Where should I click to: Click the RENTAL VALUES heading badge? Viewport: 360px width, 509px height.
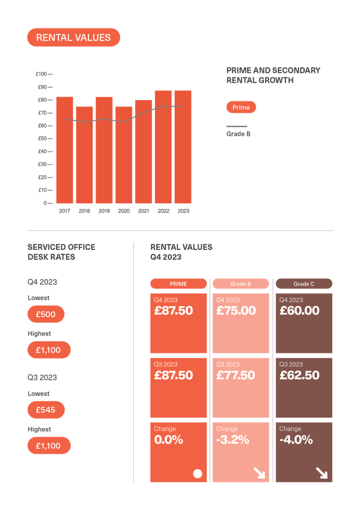[x=73, y=38]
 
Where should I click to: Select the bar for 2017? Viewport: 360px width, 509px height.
[x=65, y=150]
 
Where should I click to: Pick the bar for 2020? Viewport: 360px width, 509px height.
[x=124, y=154]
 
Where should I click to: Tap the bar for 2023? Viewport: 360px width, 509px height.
[x=183, y=147]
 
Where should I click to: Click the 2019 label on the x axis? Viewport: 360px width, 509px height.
[x=104, y=211]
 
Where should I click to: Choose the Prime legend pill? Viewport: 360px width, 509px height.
[x=241, y=107]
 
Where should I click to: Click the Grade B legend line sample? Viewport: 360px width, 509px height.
[x=237, y=126]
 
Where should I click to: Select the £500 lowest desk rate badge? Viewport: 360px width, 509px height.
[x=45, y=314]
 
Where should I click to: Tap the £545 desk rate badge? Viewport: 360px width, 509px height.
[x=45, y=410]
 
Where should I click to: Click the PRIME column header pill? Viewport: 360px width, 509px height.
[x=178, y=284]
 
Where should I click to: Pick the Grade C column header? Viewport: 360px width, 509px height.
[x=303, y=284]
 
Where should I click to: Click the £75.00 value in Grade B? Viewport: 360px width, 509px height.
[x=236, y=311]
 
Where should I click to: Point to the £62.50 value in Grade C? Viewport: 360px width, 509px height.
[x=299, y=376]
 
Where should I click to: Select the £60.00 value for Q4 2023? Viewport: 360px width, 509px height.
[x=299, y=311]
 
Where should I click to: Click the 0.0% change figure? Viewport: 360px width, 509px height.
[x=168, y=440]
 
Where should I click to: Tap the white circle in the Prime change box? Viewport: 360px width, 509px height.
[x=197, y=473]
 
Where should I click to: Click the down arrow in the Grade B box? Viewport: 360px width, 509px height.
[x=259, y=473]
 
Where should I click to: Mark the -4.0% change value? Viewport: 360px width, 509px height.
[x=296, y=440]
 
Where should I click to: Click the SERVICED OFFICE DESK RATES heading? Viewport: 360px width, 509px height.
[x=61, y=252]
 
